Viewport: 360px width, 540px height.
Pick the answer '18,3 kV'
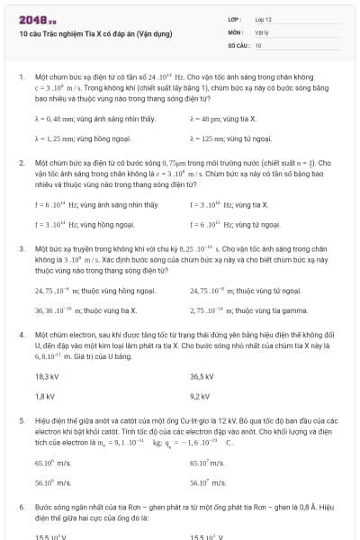(47, 375)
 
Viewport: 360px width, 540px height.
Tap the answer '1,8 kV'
(45, 395)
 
